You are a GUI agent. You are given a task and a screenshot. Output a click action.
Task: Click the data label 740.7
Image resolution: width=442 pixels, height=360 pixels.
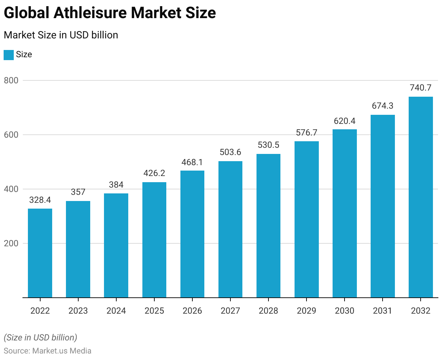click(421, 88)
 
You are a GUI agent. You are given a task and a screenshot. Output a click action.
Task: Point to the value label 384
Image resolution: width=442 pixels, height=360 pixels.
click(116, 185)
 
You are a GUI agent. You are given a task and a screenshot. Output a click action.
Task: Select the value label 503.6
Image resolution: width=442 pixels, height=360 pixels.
click(230, 152)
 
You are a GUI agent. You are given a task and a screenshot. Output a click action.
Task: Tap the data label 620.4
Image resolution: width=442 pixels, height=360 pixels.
click(345, 121)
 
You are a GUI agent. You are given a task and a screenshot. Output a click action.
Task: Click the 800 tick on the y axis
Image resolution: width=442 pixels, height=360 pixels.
click(11, 80)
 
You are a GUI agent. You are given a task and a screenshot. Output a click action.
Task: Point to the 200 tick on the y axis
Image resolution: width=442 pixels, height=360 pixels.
click(11, 243)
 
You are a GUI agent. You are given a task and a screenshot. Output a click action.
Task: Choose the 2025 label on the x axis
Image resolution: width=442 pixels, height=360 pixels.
click(154, 311)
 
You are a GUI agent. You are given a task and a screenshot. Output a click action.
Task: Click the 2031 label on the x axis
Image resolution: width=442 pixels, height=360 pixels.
click(383, 311)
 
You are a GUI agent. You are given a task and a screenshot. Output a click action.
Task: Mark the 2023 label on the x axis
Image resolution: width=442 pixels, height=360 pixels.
click(78, 311)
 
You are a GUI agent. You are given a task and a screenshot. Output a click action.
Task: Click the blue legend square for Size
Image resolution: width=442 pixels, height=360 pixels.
click(9, 55)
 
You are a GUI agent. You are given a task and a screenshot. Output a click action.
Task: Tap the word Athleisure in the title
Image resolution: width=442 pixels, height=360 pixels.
click(90, 13)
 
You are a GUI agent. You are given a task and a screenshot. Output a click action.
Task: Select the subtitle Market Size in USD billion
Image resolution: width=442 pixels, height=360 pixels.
click(61, 35)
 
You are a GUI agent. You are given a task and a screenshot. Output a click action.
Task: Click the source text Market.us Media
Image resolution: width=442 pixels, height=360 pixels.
click(62, 351)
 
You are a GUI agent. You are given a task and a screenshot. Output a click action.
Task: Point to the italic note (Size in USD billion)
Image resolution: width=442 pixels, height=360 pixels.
click(40, 338)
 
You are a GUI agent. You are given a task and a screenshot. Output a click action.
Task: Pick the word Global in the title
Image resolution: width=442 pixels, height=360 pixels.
click(26, 13)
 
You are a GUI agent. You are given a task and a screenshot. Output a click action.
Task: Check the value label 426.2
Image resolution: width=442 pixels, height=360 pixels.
click(154, 173)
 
